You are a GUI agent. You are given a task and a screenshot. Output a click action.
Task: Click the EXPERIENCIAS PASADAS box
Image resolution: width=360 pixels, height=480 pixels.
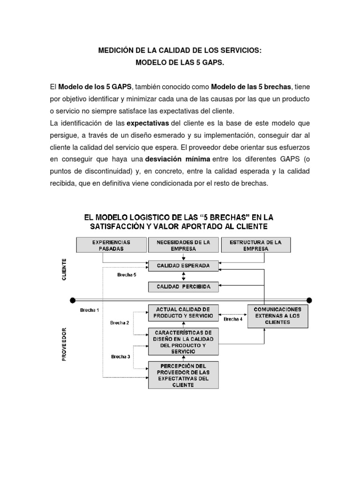pos(111,245)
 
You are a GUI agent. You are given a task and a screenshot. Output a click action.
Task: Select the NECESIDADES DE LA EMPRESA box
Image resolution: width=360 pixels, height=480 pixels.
pos(183,245)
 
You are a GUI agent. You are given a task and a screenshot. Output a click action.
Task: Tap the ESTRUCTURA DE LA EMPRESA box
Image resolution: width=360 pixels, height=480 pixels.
pos(255,245)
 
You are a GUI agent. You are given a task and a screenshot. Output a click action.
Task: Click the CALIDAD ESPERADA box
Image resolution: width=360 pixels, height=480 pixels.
pos(183,266)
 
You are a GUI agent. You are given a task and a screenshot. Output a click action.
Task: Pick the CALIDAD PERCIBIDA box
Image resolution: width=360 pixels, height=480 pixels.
pos(183,286)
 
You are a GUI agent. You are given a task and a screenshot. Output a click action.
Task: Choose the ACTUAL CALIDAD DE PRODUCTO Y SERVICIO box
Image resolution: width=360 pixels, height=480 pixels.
pos(183,313)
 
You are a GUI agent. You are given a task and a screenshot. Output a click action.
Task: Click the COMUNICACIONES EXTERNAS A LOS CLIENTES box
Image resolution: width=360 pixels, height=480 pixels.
pos(277,316)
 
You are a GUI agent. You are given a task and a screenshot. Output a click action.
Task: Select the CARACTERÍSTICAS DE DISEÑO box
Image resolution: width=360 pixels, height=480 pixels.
pos(183,342)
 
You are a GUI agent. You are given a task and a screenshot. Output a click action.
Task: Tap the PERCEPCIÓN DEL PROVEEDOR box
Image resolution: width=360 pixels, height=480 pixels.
pos(183,375)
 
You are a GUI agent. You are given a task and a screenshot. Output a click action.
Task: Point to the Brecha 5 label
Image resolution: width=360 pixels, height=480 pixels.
pos(127,275)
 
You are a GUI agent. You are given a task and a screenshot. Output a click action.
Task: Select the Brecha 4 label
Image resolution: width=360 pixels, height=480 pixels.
pos(233,319)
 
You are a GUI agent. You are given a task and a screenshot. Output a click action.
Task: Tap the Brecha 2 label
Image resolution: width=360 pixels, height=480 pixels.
pos(120,323)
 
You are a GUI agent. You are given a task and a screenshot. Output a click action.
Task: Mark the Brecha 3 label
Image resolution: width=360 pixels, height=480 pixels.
pos(120,356)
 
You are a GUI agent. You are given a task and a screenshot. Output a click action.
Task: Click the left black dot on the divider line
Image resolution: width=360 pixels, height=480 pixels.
pos(72,300)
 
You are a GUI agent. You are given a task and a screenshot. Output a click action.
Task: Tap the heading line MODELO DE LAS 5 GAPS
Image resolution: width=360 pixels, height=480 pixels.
pos(180,62)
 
